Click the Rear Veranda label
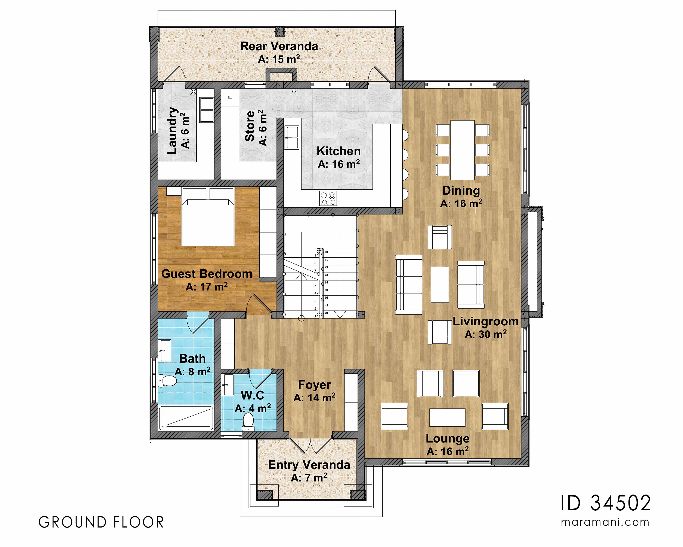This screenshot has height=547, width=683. click(x=279, y=46)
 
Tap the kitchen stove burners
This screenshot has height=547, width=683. click(x=328, y=198)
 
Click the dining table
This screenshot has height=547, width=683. click(x=462, y=150)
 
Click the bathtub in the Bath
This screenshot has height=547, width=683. click(x=186, y=418)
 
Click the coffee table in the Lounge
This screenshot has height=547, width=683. click(x=447, y=417)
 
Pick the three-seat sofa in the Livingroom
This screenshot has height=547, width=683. click(x=408, y=285)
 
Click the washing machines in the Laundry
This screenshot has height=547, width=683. click(x=207, y=110)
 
